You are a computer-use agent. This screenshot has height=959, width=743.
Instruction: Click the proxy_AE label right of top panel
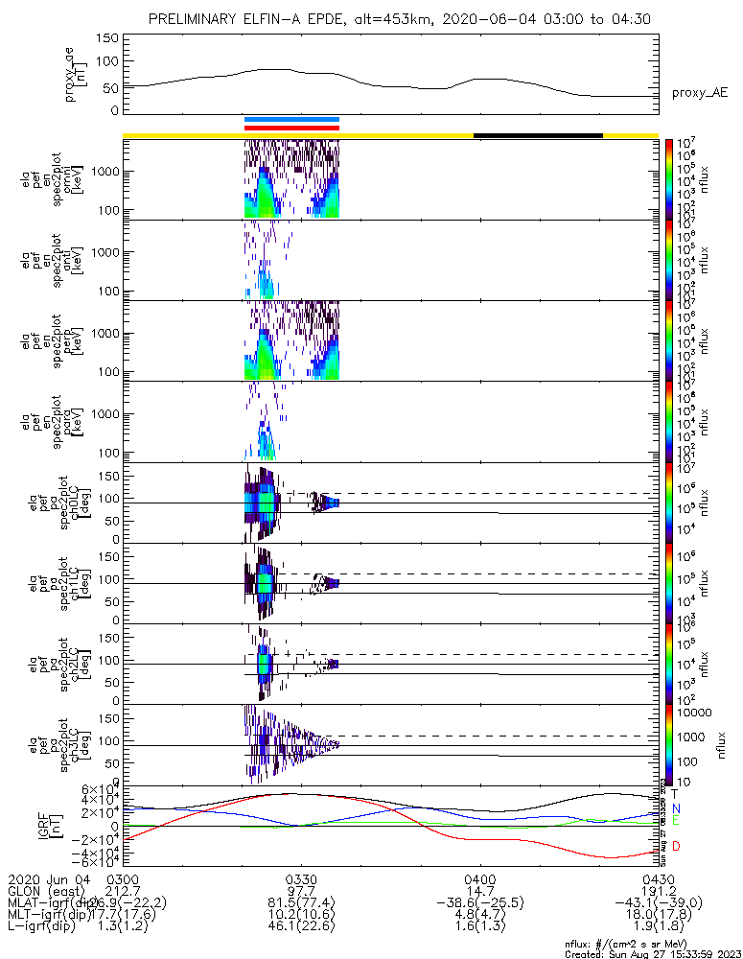coord(700,92)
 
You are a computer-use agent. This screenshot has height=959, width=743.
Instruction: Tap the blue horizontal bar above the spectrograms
coord(291,120)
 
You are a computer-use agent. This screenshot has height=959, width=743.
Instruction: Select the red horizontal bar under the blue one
coord(291,127)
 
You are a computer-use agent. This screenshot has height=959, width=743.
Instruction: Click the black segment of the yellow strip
coord(538,135)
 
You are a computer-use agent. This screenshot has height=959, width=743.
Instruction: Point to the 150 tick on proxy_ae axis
coord(107,38)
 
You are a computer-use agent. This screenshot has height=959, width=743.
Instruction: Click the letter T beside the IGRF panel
coord(675,794)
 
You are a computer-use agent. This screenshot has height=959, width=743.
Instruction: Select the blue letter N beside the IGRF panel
coord(675,808)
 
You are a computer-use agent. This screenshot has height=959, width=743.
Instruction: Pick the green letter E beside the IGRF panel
coord(675,821)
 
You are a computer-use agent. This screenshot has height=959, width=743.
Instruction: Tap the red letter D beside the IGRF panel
coord(675,846)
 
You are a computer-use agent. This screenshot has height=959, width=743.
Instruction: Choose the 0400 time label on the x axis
coord(479,878)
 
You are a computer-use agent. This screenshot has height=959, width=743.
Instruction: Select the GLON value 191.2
coord(658,890)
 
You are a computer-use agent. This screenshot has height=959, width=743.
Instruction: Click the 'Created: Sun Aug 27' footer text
coord(653,953)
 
